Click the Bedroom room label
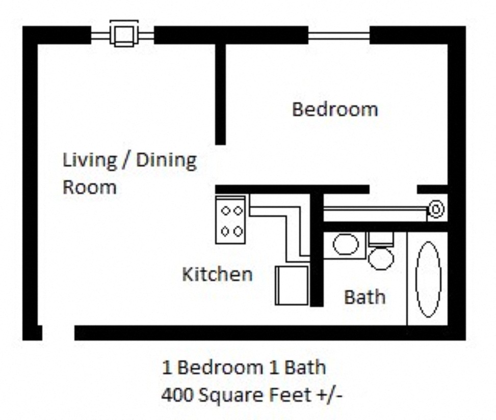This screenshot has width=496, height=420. (x=335, y=109)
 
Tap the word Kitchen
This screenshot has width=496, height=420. (x=217, y=274)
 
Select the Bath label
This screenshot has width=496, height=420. (x=364, y=297)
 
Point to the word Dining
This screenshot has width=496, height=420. (x=166, y=160)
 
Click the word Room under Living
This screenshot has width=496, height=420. (x=89, y=187)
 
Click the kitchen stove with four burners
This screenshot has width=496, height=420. (x=231, y=220)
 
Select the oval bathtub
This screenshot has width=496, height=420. (x=428, y=279)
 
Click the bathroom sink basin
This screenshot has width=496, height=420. (x=345, y=245)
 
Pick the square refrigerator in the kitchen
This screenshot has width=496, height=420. (x=292, y=285)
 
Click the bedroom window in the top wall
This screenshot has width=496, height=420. (x=339, y=35)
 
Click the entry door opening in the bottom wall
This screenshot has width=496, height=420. (x=58, y=333)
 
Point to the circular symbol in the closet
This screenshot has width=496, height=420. (x=436, y=209)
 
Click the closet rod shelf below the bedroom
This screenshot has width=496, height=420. (x=375, y=209)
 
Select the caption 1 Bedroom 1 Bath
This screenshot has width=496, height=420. (x=244, y=367)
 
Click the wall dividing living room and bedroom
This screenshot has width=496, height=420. (x=220, y=94)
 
